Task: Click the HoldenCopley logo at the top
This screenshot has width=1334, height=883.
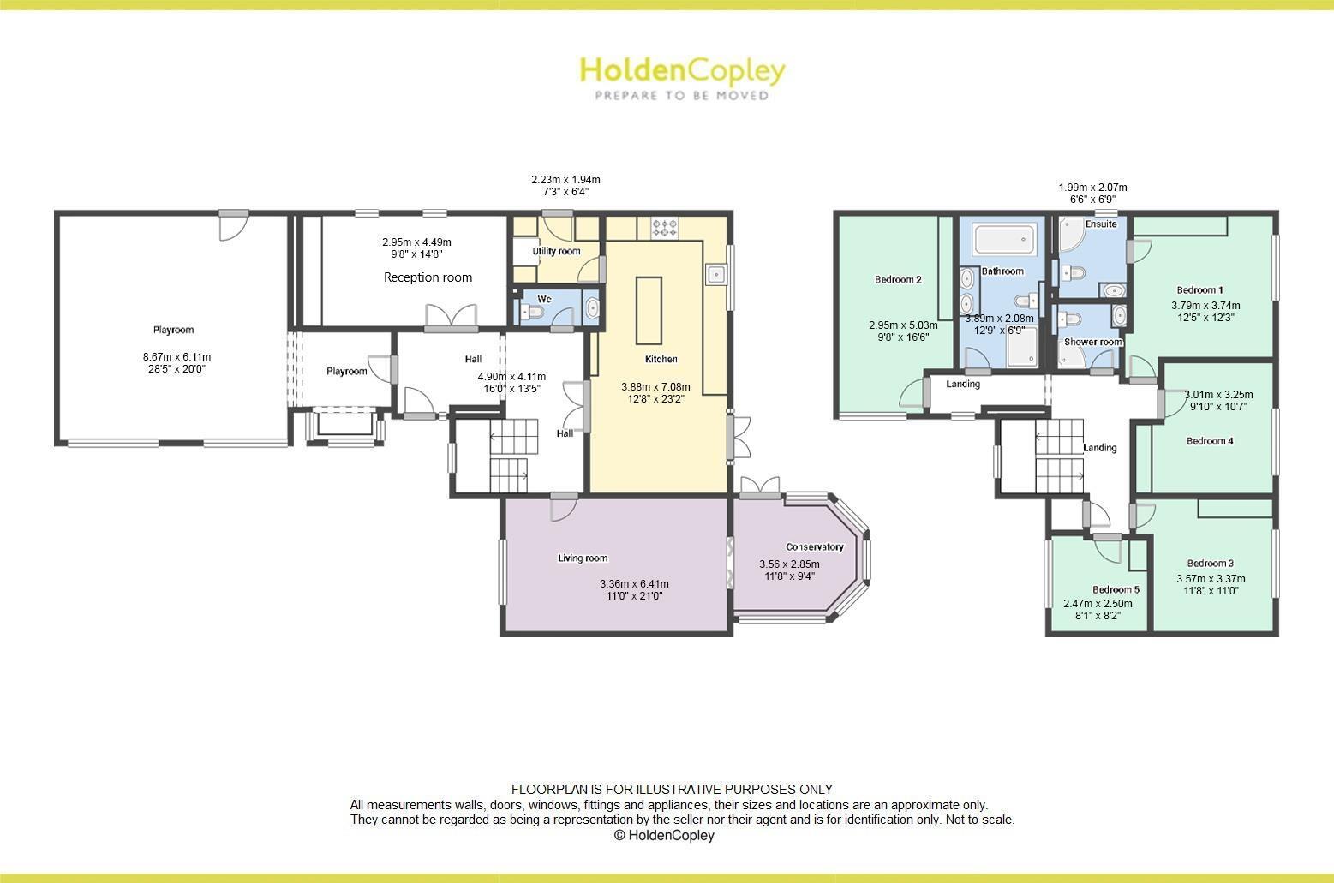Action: [682, 70]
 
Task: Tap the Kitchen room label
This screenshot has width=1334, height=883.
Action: [661, 359]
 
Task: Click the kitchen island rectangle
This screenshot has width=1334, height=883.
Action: [649, 309]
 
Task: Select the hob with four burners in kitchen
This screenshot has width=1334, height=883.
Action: [665, 228]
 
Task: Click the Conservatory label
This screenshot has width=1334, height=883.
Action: [814, 547]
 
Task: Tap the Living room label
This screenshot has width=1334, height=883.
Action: [583, 558]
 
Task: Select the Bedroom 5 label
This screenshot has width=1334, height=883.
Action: [1116, 589]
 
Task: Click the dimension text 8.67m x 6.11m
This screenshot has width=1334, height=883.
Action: [176, 357]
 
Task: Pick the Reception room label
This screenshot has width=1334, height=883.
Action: [428, 277]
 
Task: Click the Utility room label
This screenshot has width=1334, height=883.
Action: [556, 251]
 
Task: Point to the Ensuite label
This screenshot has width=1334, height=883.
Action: [1101, 224]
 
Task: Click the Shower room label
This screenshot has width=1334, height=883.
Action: [1092, 342]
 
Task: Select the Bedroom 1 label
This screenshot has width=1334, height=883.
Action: [1199, 289]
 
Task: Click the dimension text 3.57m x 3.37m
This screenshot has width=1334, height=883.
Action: [1210, 578]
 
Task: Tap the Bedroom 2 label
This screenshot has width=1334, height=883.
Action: [898, 279]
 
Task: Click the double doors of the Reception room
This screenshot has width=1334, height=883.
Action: [452, 318]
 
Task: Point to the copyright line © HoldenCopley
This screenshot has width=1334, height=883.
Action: [664, 835]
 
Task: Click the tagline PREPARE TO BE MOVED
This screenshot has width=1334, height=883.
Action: [682, 96]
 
